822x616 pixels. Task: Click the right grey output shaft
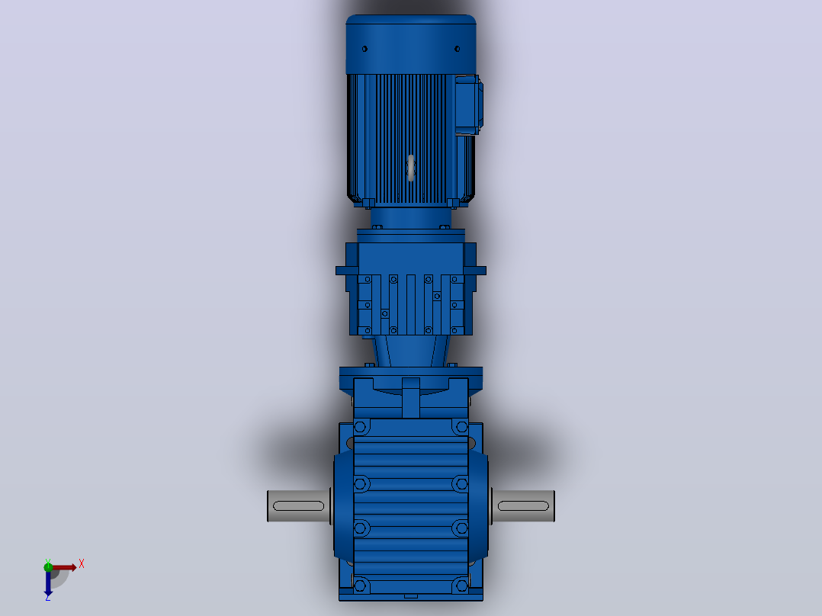click(x=523, y=506)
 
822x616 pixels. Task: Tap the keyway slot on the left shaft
click(x=299, y=506)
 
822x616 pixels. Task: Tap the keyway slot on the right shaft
click(x=523, y=506)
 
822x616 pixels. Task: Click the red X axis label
click(x=82, y=564)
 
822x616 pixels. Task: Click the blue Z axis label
click(x=48, y=597)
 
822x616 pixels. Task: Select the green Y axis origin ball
click(x=48, y=566)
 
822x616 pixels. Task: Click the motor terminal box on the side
click(x=469, y=105)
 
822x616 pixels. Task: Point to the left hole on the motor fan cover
click(x=364, y=49)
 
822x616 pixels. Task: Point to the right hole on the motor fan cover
click(x=458, y=49)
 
